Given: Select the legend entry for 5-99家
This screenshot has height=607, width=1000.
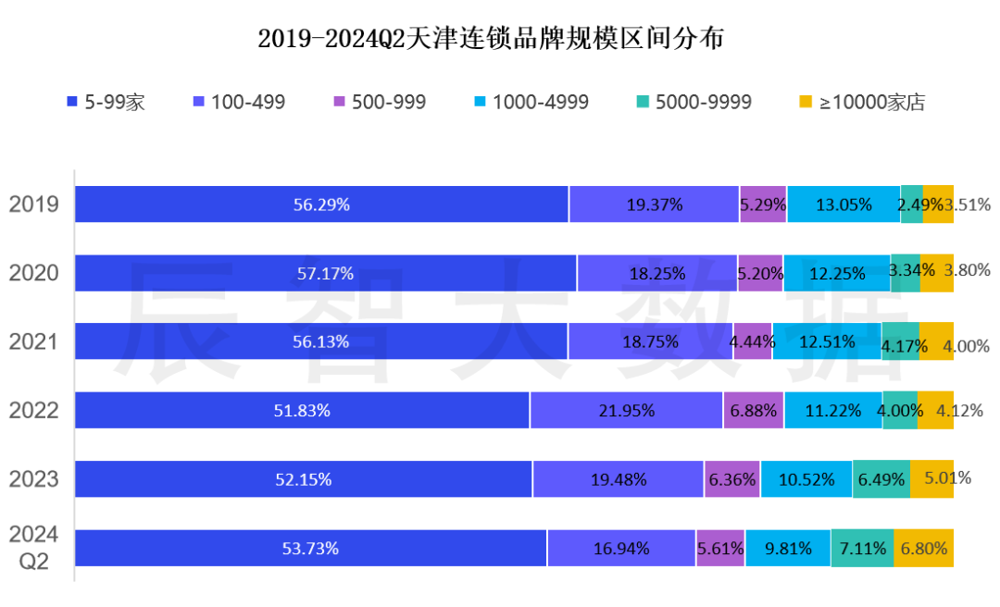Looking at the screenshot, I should (x=106, y=102).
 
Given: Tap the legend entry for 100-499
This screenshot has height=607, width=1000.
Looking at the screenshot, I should (x=239, y=102).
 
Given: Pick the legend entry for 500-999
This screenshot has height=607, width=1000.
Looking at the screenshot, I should (x=380, y=102).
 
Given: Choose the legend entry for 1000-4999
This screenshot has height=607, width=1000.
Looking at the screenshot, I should (x=531, y=102).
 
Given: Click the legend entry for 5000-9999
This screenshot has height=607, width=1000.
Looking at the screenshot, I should (x=694, y=102).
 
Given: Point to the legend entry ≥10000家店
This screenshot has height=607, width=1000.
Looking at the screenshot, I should (x=861, y=102).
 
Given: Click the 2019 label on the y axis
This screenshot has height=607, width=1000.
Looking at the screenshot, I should (x=34, y=204).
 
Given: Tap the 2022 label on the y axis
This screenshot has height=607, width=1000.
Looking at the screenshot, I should (x=34, y=411).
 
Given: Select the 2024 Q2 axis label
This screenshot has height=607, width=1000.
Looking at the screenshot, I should (x=34, y=548).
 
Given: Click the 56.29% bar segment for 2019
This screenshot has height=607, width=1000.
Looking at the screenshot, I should (x=321, y=204).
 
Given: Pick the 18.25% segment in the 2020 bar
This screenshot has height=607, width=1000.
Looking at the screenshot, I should (x=656, y=273).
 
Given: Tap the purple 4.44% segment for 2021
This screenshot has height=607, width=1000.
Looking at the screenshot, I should (x=753, y=342).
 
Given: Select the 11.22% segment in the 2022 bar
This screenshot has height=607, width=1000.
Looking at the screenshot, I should (x=832, y=411).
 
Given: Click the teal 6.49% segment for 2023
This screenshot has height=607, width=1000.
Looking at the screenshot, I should (x=881, y=479).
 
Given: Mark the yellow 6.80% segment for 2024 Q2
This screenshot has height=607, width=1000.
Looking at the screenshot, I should (x=923, y=548).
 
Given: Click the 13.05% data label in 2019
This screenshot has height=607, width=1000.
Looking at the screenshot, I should (x=843, y=204).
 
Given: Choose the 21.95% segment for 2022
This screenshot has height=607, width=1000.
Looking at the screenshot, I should (x=626, y=411).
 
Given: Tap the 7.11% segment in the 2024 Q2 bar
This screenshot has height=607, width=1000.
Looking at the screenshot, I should (x=862, y=548).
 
